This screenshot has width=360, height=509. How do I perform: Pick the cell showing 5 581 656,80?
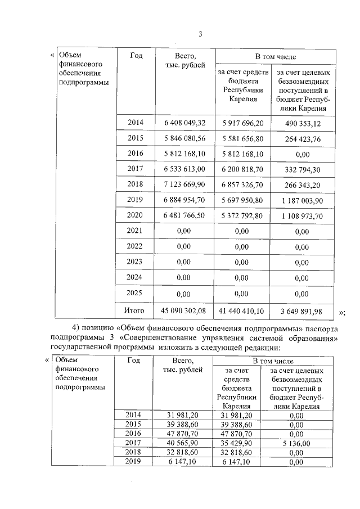(242, 138)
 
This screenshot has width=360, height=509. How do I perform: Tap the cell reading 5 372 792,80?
(242, 216)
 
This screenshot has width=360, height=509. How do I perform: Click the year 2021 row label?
(136, 231)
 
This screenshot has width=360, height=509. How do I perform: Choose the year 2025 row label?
(136, 293)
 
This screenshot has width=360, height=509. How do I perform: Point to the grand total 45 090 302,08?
(184, 310)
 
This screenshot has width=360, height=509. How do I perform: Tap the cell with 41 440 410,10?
(242, 310)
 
